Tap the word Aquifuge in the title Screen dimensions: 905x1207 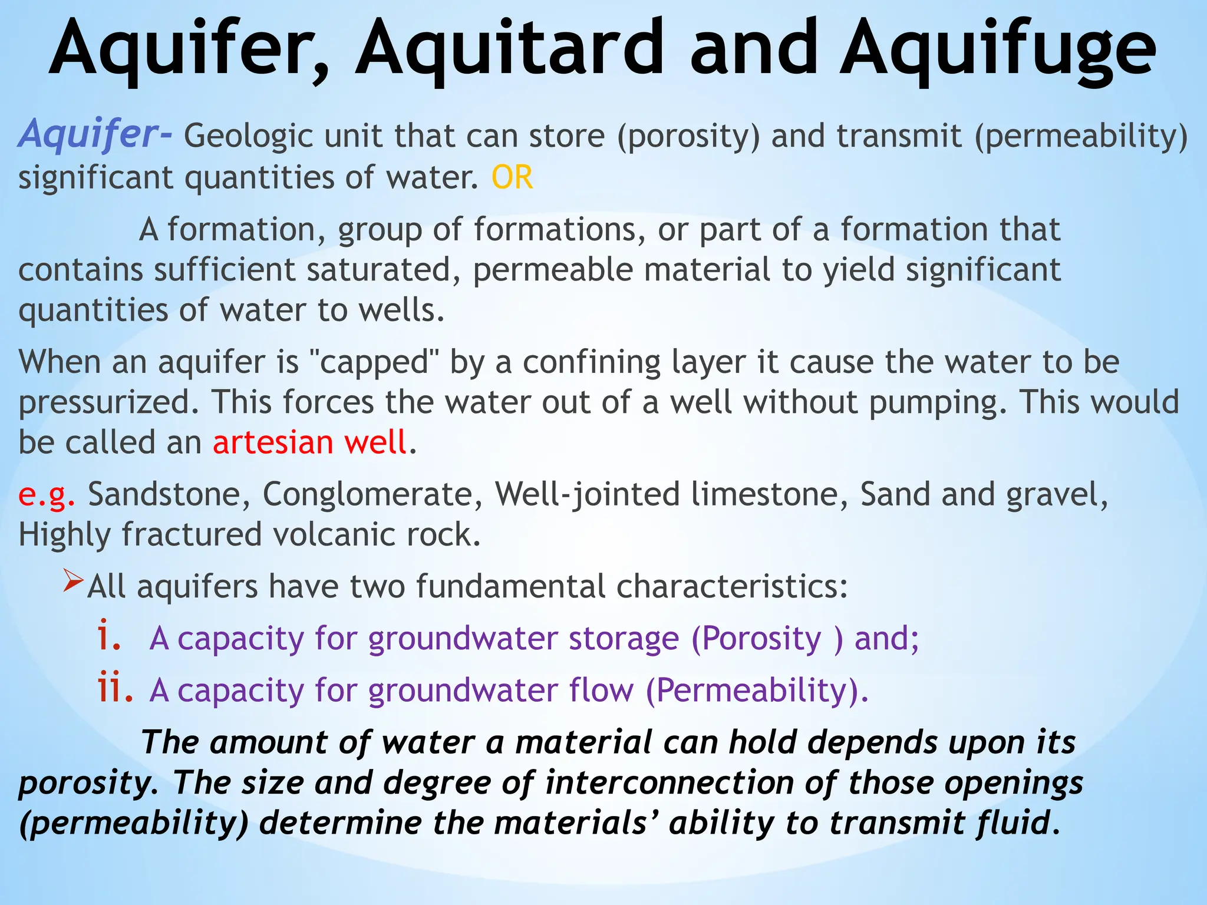997,50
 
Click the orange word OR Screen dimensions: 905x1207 512,177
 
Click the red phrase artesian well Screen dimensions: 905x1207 310,442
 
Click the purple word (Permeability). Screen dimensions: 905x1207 757,691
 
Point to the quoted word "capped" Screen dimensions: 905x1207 374,362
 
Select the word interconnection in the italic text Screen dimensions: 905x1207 669,783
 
